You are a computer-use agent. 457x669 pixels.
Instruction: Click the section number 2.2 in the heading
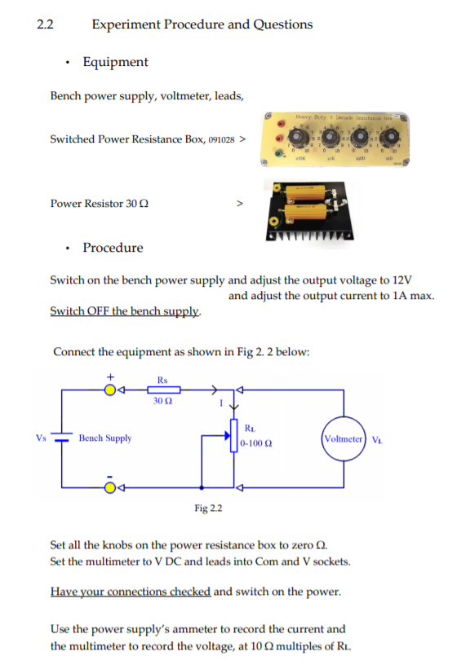[45, 24]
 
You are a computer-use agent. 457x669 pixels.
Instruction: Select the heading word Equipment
[115, 62]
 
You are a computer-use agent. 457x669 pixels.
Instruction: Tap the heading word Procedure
[113, 248]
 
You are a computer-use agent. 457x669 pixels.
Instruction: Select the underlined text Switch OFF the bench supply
[125, 311]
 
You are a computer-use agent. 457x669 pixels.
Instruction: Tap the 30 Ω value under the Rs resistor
[162, 401]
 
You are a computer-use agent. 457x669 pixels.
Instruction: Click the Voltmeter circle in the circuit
[344, 438]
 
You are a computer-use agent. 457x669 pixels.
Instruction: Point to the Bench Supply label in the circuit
[105, 438]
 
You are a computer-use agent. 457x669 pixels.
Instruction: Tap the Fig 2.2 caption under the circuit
[209, 508]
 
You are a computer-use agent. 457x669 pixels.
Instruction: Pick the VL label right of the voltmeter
[377, 438]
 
